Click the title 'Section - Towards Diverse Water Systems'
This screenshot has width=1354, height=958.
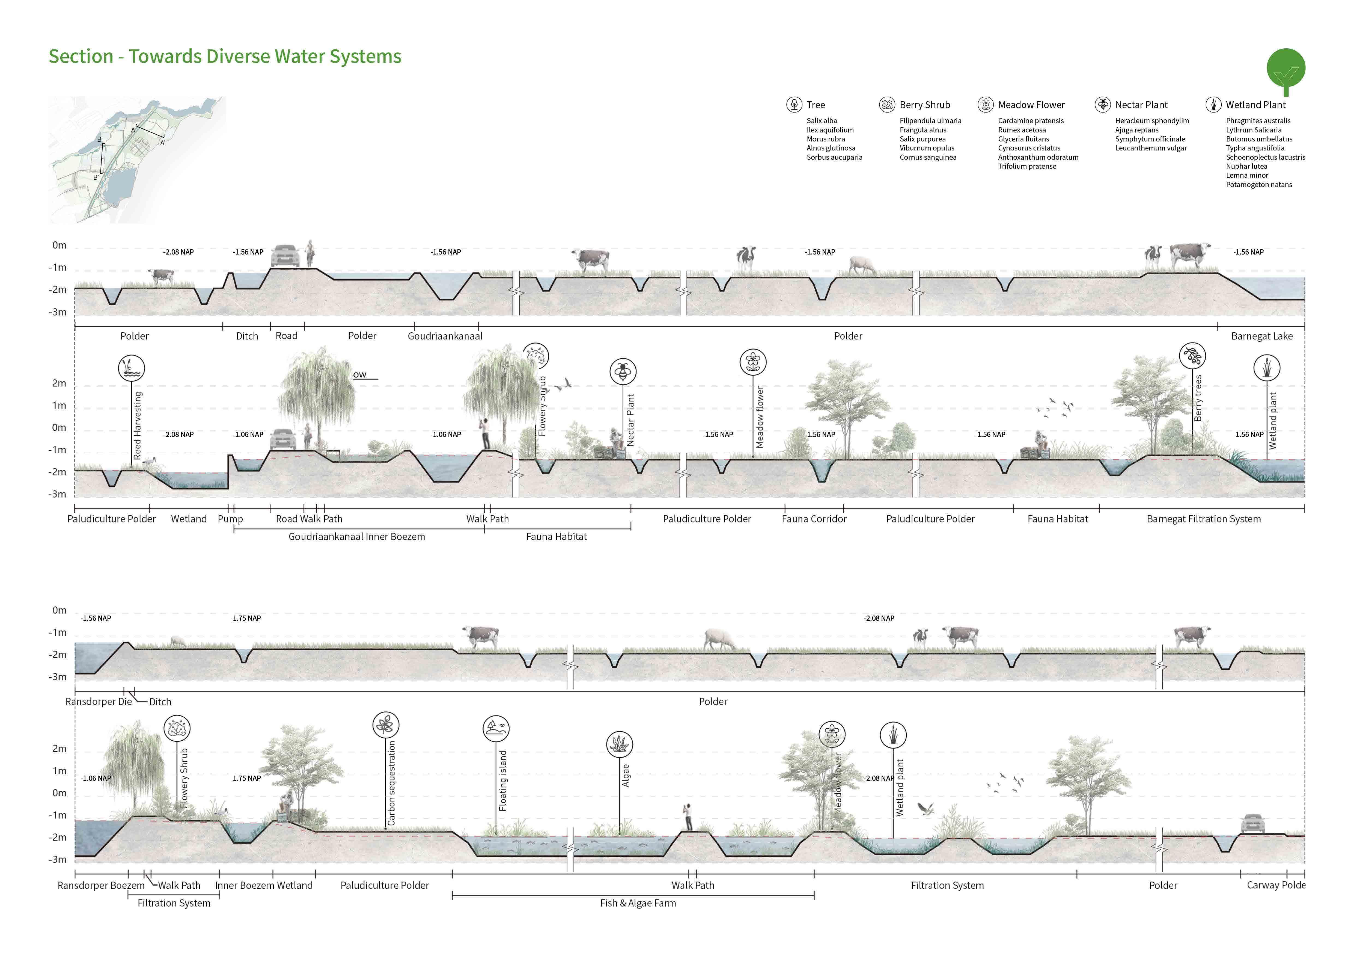click(x=225, y=57)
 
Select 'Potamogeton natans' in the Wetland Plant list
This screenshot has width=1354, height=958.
click(x=1258, y=185)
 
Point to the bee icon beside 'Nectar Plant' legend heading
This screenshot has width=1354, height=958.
click(x=1102, y=104)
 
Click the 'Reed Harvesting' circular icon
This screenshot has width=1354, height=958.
click(x=132, y=368)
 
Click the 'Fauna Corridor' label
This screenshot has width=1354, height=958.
click(x=814, y=519)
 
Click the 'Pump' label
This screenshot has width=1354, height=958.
click(x=230, y=519)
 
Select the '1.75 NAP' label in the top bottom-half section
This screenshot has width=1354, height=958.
click(x=246, y=618)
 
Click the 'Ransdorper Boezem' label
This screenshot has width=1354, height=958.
click(x=101, y=885)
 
